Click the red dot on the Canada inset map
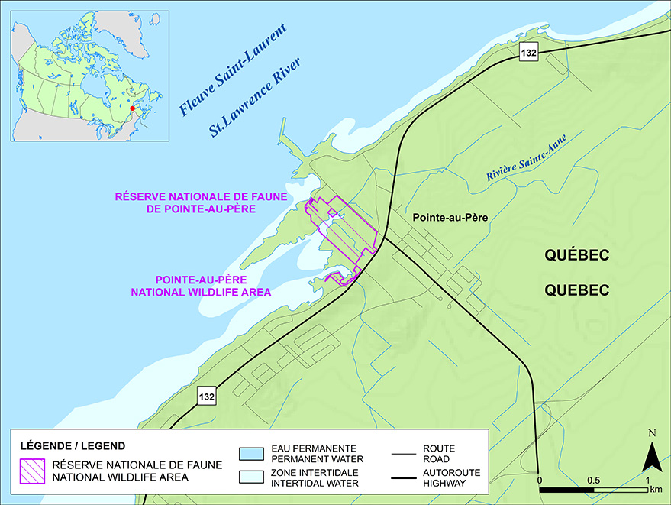[x=132, y=109]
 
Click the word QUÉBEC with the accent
[x=576, y=256]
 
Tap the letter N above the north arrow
[x=650, y=434]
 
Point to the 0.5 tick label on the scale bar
[x=593, y=480]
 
